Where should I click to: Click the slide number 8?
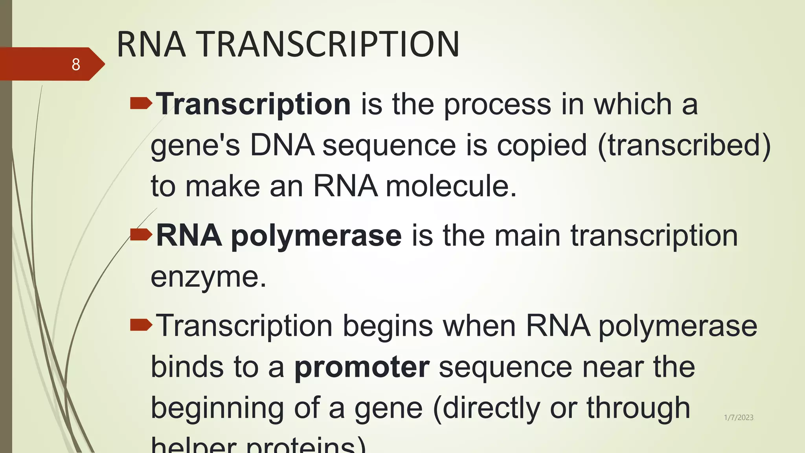coord(76,64)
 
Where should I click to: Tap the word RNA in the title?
coord(151,44)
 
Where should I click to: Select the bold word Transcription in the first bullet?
coord(254,104)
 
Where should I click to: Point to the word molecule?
coord(451,186)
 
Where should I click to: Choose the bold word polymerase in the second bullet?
coord(316,236)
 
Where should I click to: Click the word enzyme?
coord(208,277)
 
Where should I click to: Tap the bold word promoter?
coord(362,367)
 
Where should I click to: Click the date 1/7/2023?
coord(739,418)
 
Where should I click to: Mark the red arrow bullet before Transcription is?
coord(141,103)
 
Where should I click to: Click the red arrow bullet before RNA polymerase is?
coord(141,235)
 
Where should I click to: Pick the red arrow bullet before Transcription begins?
coord(141,325)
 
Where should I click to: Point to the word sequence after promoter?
coord(505,367)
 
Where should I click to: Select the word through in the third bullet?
coord(638,408)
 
